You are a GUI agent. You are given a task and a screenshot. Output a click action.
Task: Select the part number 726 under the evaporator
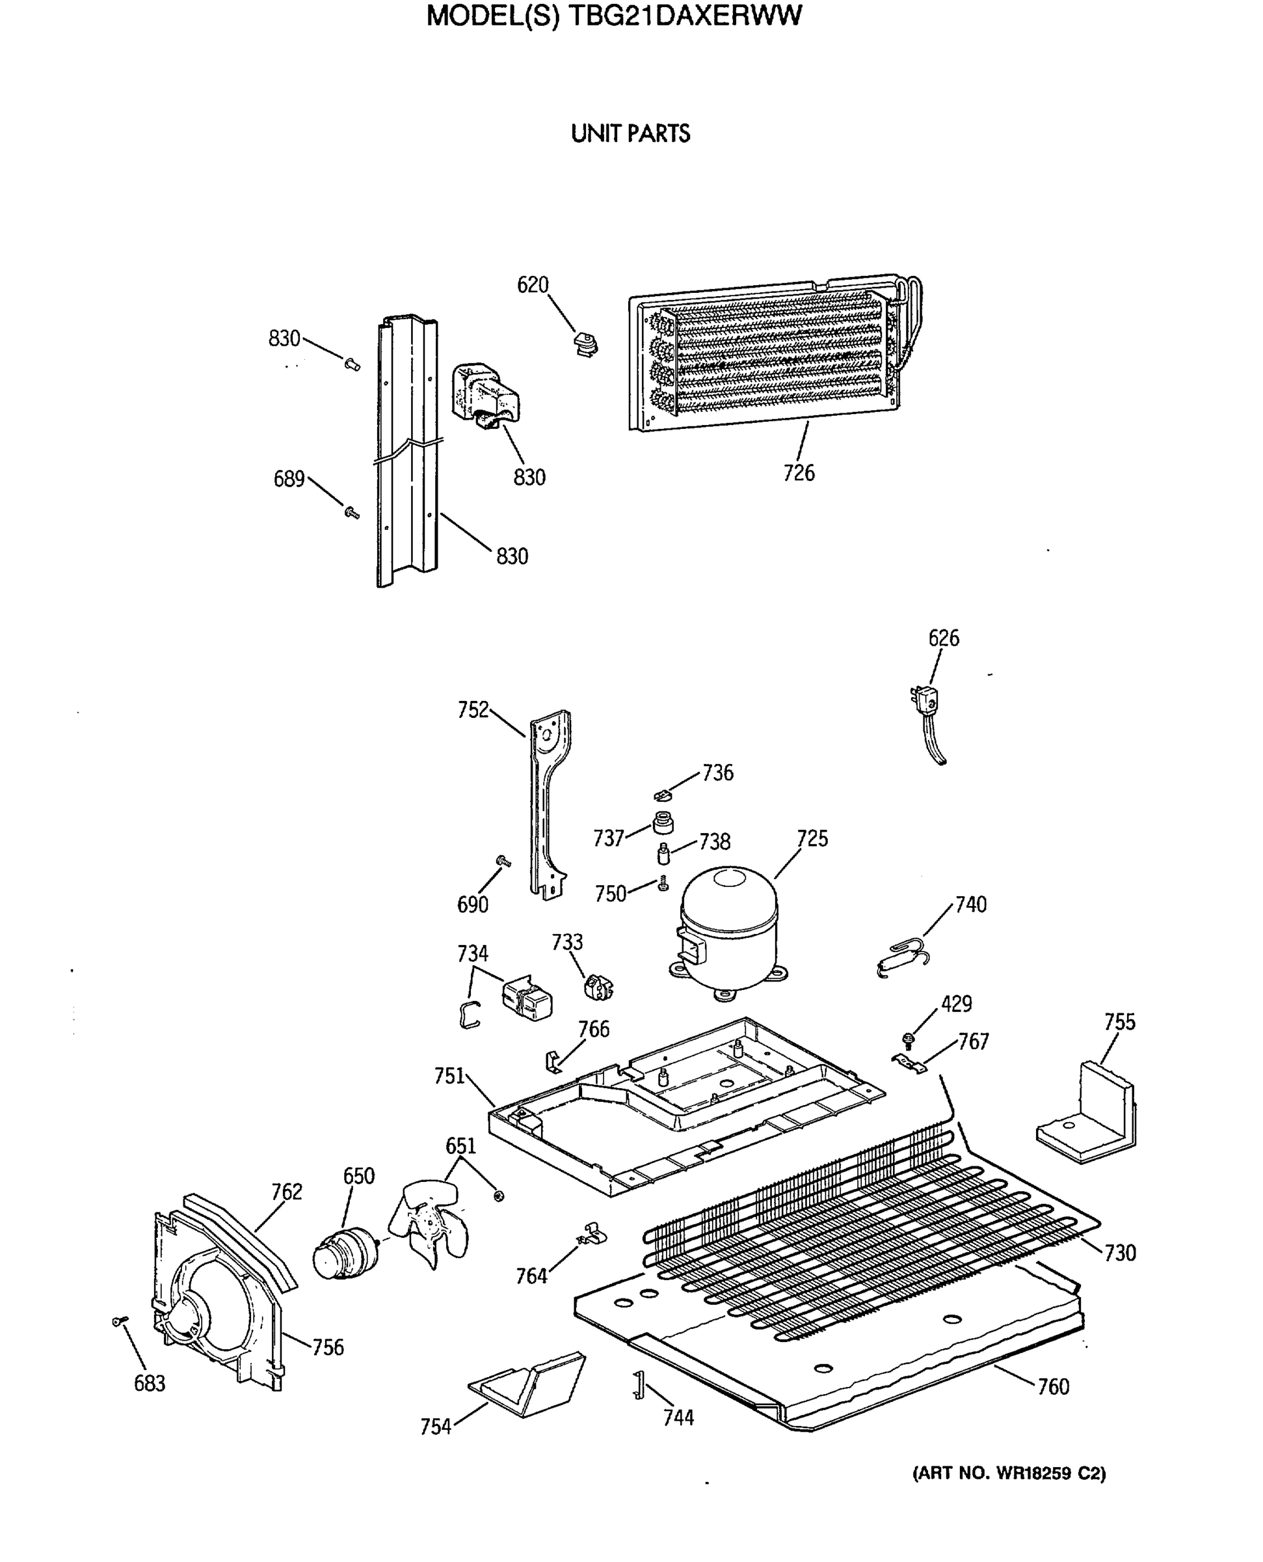click(x=798, y=473)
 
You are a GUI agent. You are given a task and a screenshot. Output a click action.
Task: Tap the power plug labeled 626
click(x=925, y=703)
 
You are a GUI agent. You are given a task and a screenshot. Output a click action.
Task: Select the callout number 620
click(x=533, y=284)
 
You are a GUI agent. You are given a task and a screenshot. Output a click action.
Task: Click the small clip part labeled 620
click(x=584, y=343)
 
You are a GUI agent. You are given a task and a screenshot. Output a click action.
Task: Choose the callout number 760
click(x=1053, y=1386)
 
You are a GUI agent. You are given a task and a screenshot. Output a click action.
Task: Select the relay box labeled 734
click(x=527, y=997)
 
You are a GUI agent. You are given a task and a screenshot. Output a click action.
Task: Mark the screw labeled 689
click(x=352, y=512)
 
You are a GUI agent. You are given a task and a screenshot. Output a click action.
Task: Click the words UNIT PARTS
click(x=630, y=134)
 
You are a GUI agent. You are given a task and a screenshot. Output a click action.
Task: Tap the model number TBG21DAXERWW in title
click(x=685, y=16)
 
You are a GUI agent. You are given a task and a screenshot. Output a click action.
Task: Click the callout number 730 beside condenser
click(x=1120, y=1253)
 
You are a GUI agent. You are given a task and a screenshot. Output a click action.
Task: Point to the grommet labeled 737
click(x=662, y=823)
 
